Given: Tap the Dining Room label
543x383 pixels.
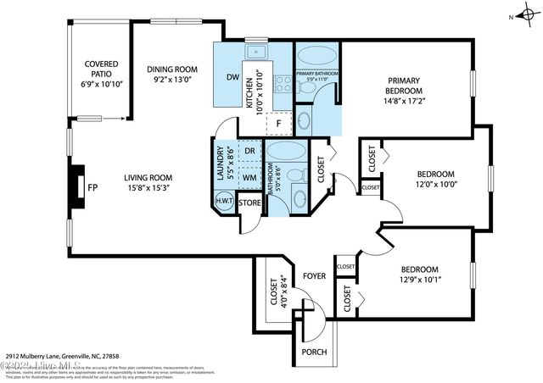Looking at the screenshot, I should (x=172, y=69).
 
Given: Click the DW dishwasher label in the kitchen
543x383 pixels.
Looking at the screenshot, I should (x=232, y=77).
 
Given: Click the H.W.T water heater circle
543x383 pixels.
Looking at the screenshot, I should (x=225, y=202).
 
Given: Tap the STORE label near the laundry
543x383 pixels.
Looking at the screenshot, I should (x=250, y=203).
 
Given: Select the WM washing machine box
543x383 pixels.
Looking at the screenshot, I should (x=249, y=178).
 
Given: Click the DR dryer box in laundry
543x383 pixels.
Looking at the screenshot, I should (x=249, y=153).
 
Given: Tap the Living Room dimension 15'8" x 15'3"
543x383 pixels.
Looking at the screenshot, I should (x=148, y=189).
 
